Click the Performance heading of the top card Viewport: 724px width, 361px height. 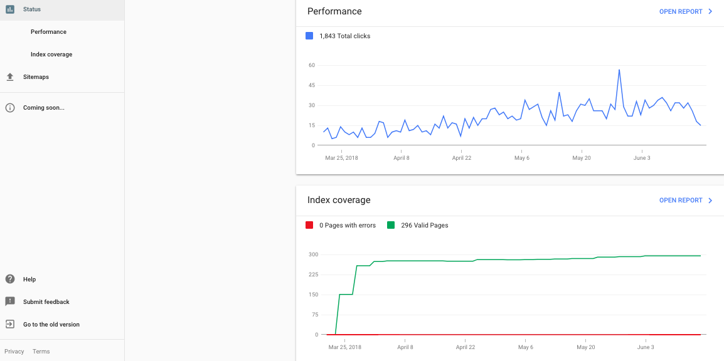(x=334, y=11)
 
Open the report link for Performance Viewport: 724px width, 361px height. (x=685, y=11)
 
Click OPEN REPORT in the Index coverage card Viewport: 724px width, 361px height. (x=685, y=201)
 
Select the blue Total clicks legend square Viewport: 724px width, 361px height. (x=309, y=36)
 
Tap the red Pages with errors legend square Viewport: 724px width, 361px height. (x=309, y=225)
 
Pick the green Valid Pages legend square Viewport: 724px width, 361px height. (x=391, y=225)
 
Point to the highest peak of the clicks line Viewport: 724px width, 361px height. (x=619, y=70)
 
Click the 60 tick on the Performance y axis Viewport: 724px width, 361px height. (x=312, y=65)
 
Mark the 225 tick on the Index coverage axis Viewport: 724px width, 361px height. (x=313, y=275)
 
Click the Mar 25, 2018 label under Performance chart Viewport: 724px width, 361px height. (x=341, y=158)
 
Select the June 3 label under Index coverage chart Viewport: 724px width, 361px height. (x=646, y=347)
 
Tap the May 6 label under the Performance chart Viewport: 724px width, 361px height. (x=522, y=158)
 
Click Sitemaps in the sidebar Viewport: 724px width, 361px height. (x=36, y=77)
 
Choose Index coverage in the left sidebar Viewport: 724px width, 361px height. (x=51, y=55)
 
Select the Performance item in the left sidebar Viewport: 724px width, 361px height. (x=48, y=32)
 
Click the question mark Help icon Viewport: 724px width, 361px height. (x=10, y=280)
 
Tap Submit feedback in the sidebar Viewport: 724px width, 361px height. (x=46, y=302)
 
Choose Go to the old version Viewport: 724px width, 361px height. (x=51, y=325)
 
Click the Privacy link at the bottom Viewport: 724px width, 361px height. (x=14, y=352)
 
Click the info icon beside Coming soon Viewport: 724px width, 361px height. (x=10, y=108)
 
